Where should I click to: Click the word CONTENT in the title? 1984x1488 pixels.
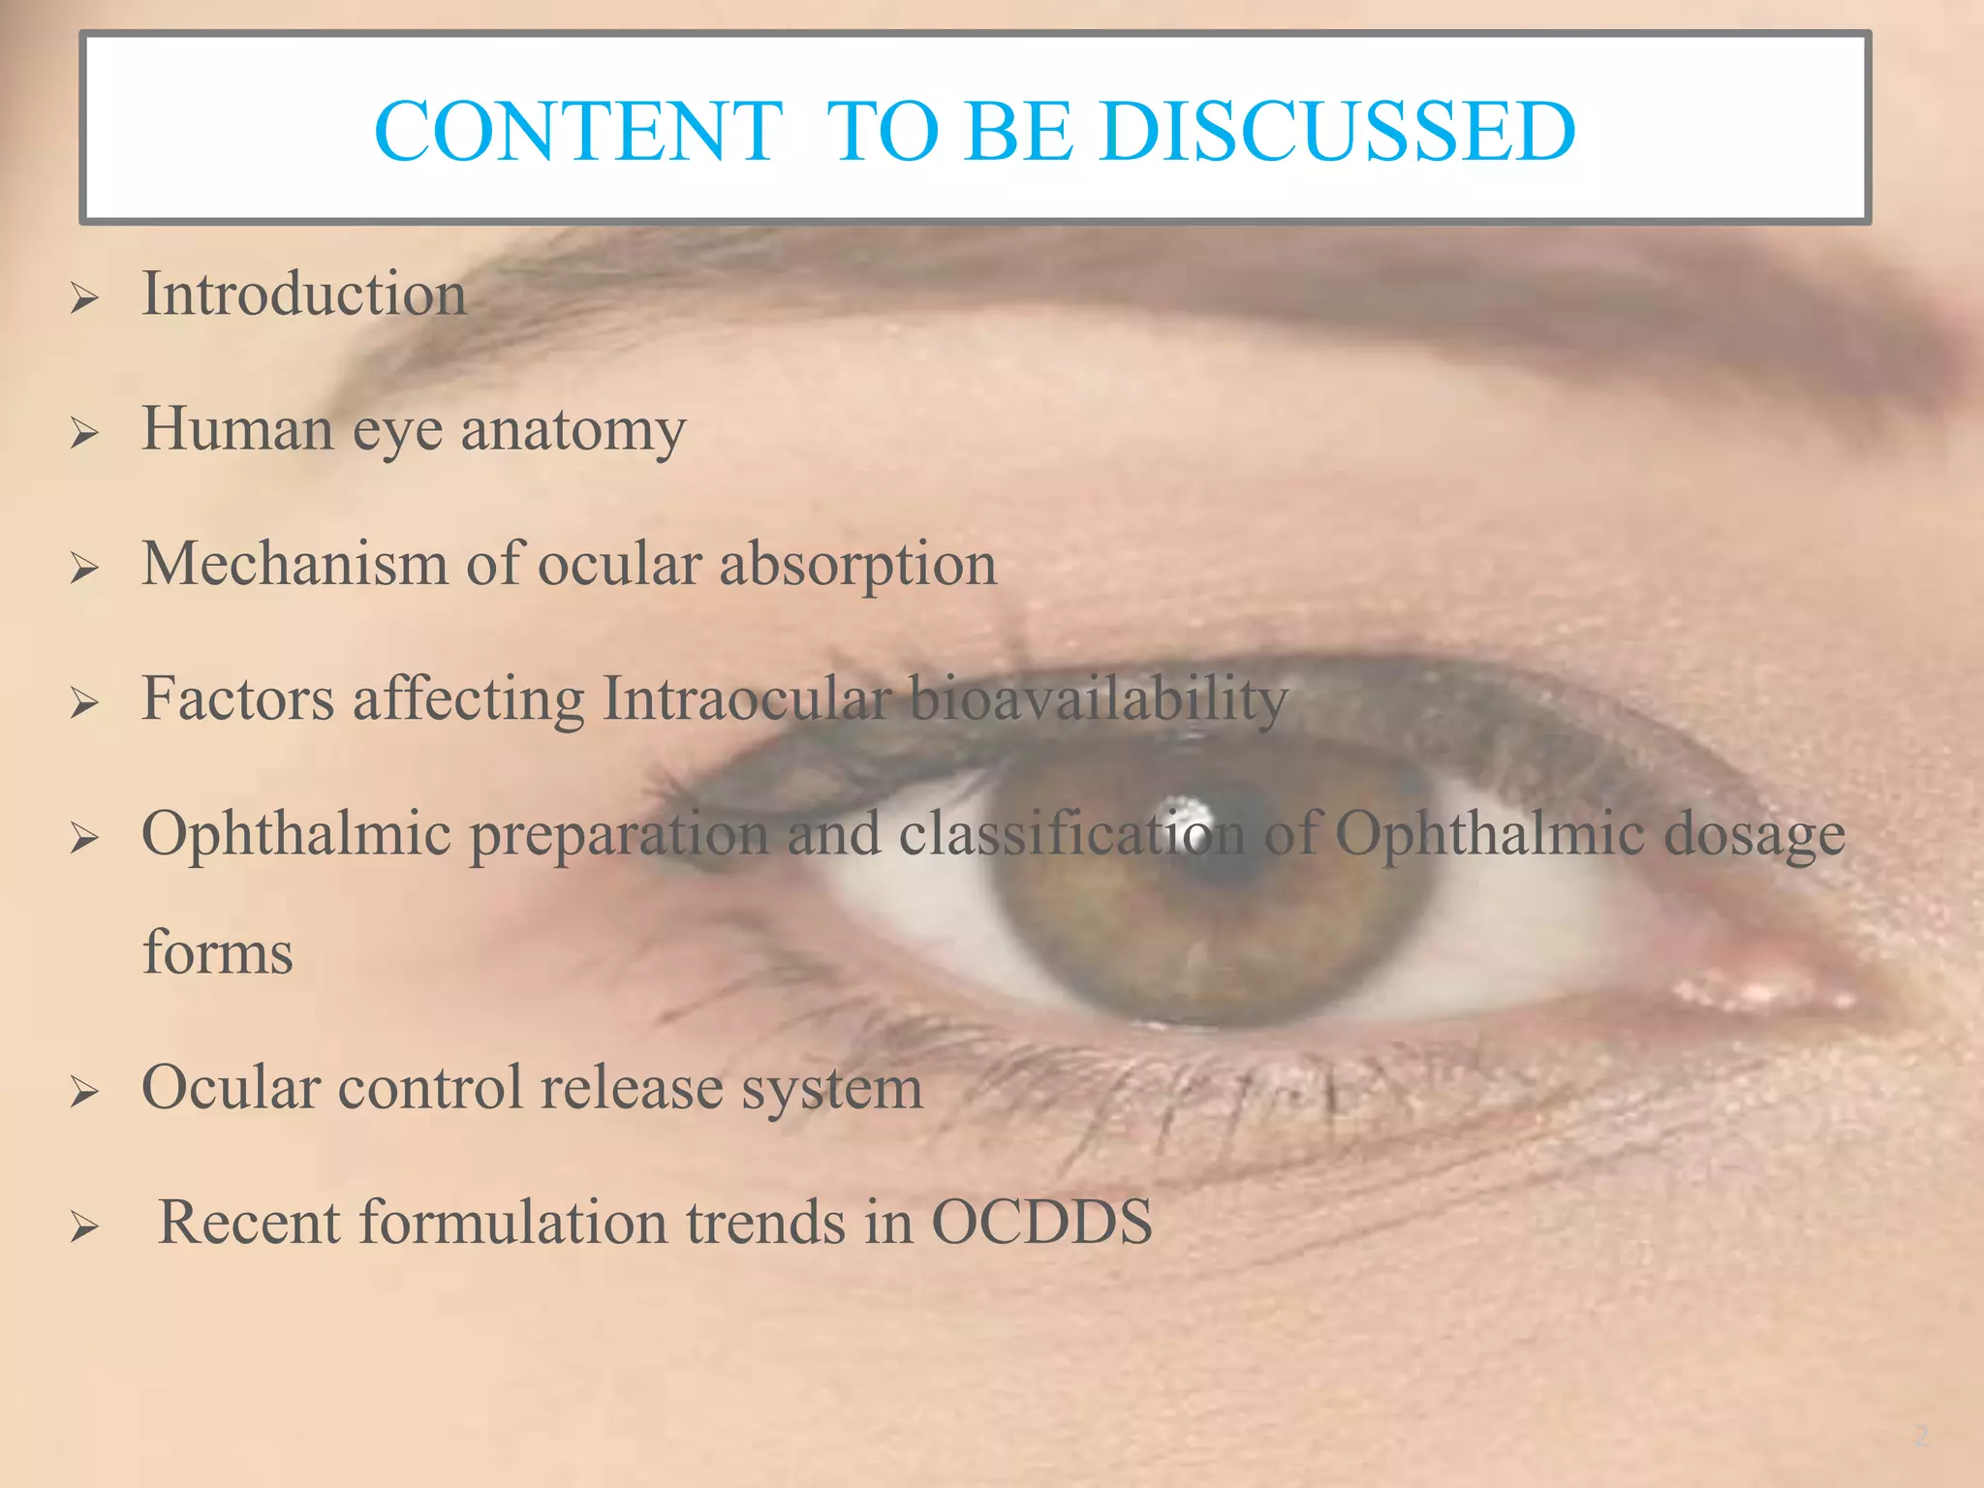[x=577, y=132]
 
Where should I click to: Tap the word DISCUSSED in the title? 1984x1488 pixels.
[x=1337, y=132]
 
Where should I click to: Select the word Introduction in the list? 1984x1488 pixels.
[x=304, y=294]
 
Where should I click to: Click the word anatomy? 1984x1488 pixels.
[x=573, y=430]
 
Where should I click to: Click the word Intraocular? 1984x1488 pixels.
[x=746, y=698]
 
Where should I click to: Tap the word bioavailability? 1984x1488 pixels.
[x=1099, y=699]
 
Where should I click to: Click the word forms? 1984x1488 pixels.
[x=218, y=952]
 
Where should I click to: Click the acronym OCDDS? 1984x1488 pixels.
[x=1041, y=1222]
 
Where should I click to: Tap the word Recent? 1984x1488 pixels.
[x=249, y=1222]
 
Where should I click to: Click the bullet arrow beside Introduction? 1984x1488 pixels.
[x=84, y=299]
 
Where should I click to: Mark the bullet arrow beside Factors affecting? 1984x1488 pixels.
[x=84, y=704]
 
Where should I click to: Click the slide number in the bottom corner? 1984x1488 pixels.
[x=1921, y=1435]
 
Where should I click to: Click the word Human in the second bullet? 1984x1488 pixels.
[x=237, y=429]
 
